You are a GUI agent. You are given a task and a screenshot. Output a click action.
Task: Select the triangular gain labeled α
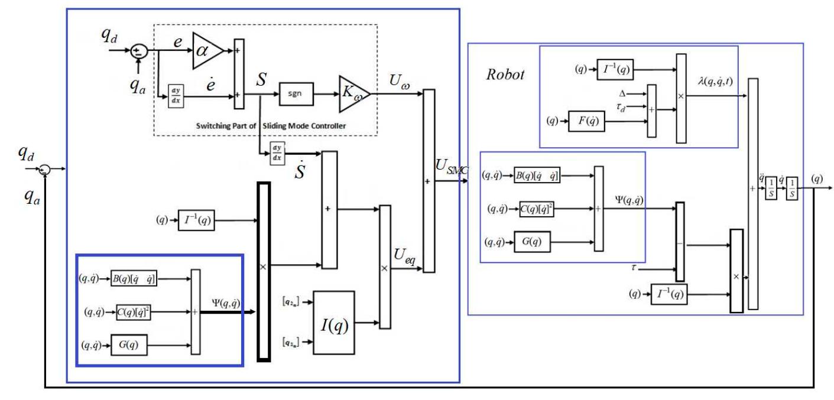point(206,51)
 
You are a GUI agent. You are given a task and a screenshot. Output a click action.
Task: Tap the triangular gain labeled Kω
point(353,93)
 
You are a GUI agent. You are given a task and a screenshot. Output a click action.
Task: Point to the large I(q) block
point(334,323)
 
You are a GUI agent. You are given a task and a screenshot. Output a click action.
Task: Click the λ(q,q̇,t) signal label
point(715,82)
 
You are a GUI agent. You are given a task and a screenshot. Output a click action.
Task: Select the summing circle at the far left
point(44,170)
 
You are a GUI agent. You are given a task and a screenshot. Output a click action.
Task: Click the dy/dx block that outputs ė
point(176,94)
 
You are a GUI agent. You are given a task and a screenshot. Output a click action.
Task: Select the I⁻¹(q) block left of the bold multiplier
point(196,222)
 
